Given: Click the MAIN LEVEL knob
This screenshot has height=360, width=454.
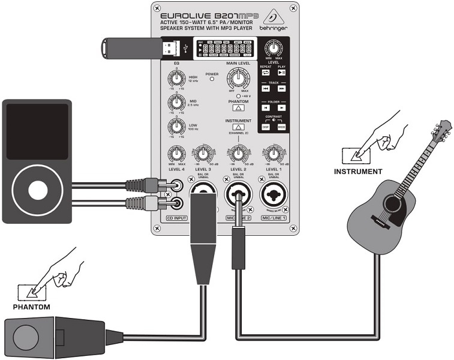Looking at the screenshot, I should click(x=238, y=79).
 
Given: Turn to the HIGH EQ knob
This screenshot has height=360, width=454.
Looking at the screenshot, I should click(x=176, y=78).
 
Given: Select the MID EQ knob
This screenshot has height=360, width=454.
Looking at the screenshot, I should click(x=176, y=102).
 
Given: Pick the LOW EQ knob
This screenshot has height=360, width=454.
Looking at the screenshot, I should click(x=176, y=126).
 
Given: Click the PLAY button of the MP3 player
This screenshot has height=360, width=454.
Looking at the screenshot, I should click(x=281, y=72).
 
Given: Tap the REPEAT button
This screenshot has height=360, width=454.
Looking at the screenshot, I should click(x=266, y=72).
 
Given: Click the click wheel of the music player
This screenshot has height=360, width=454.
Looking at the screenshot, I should click(x=37, y=189).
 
